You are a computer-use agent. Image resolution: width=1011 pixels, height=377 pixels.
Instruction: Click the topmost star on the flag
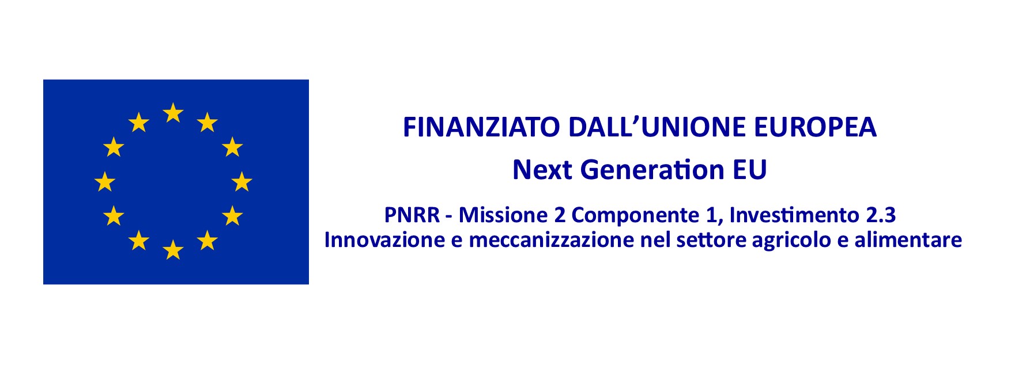(173, 113)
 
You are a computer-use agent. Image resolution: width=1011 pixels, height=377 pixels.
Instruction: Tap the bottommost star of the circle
(173, 250)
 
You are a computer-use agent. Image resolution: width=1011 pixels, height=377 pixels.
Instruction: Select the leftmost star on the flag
(104, 181)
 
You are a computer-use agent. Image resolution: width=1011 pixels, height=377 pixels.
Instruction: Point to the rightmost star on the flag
(242, 181)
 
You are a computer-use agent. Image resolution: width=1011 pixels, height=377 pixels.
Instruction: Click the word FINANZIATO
(481, 127)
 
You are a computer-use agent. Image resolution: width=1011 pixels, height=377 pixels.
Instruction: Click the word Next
(544, 170)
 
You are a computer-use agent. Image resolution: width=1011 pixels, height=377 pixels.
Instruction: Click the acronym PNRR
(412, 215)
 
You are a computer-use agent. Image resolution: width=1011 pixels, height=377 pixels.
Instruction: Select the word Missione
(503, 215)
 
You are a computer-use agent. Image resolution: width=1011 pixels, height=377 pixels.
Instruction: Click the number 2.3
(881, 215)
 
